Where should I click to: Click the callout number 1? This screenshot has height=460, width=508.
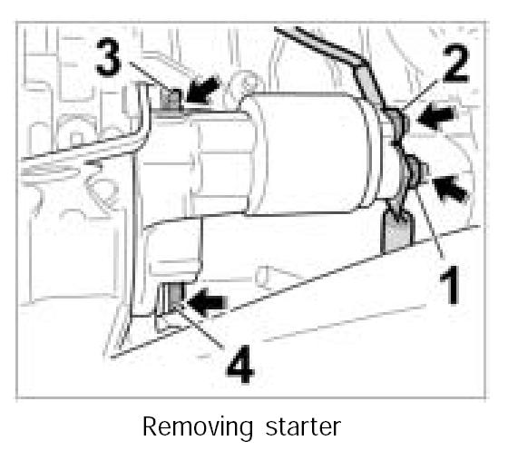(x=450, y=284)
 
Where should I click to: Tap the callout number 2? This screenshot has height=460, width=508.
(x=455, y=64)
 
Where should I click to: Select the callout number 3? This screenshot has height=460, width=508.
(x=109, y=57)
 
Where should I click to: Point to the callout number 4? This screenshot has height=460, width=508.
(x=240, y=364)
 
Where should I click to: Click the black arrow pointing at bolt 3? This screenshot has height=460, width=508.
(x=203, y=90)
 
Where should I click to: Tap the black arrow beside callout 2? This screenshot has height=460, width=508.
(x=436, y=117)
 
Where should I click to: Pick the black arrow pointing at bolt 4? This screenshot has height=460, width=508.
(x=206, y=301)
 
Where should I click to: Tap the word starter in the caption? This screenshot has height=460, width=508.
(x=303, y=427)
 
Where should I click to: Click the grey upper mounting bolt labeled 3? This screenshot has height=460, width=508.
(x=170, y=99)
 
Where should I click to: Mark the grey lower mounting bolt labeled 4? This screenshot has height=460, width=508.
(x=175, y=296)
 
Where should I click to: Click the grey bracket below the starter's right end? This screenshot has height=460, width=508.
(x=398, y=231)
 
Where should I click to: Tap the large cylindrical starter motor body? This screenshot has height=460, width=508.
(x=308, y=153)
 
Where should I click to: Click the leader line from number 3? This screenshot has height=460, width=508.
(x=151, y=77)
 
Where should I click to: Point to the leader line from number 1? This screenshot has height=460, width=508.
(x=430, y=223)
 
